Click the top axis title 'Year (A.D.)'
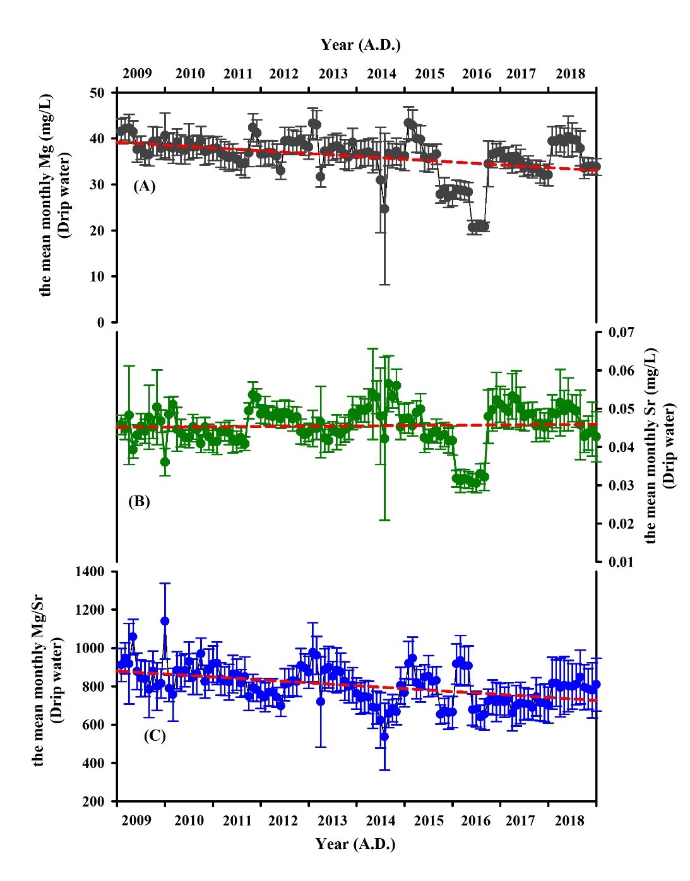pyautogui.click(x=360, y=45)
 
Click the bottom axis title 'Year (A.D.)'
pyautogui.click(x=355, y=844)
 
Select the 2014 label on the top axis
pyautogui.click(x=381, y=73)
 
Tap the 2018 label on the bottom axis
pyautogui.click(x=569, y=820)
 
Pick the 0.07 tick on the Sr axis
pyautogui.click(x=621, y=332)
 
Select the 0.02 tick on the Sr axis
pyautogui.click(x=621, y=523)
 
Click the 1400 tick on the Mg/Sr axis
pyautogui.click(x=90, y=572)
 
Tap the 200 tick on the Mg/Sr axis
pyautogui.click(x=94, y=801)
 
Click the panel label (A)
pyautogui.click(x=144, y=186)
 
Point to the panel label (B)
pyautogui.click(x=139, y=501)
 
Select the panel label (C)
pyautogui.click(x=154, y=735)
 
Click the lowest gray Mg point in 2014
pyautogui.click(x=384, y=208)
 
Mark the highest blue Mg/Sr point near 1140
pyautogui.click(x=165, y=621)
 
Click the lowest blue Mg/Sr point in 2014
pyautogui.click(x=384, y=736)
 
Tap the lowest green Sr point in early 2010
pyautogui.click(x=165, y=462)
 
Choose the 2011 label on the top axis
pyautogui.click(x=238, y=73)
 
